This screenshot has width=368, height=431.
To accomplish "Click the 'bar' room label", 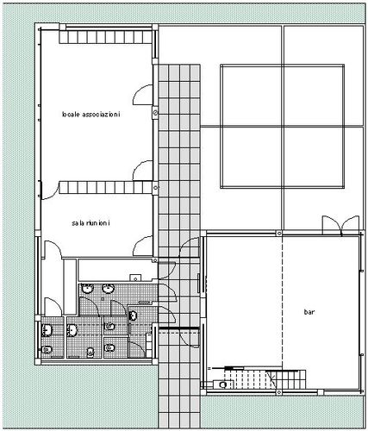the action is [x=309, y=312].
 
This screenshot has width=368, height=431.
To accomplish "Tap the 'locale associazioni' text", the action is [x=90, y=115].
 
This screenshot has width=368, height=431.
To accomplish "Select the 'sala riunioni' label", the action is [x=90, y=223].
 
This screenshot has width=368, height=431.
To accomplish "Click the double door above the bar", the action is [x=340, y=226].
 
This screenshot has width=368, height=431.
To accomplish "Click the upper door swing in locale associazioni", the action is [x=142, y=95].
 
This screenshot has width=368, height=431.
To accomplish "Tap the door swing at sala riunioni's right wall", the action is [x=143, y=246].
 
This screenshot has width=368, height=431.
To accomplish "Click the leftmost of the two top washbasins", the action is [x=88, y=289].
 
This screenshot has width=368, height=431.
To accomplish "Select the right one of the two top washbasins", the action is [x=109, y=289].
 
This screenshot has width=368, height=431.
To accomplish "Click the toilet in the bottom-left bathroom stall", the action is [x=47, y=349].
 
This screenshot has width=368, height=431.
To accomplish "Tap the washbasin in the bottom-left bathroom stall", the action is [x=47, y=330].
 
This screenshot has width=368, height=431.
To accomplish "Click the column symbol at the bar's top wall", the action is [x=279, y=233].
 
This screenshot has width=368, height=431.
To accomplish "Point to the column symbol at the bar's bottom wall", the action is [x=278, y=392].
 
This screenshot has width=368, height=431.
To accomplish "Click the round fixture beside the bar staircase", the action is [x=222, y=384].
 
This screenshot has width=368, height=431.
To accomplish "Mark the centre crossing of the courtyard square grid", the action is [x=283, y=126].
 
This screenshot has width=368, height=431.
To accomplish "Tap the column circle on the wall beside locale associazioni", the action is [x=155, y=113].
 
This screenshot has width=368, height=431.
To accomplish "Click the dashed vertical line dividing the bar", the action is [x=283, y=302].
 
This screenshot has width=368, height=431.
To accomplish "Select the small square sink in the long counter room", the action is [x=135, y=278].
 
